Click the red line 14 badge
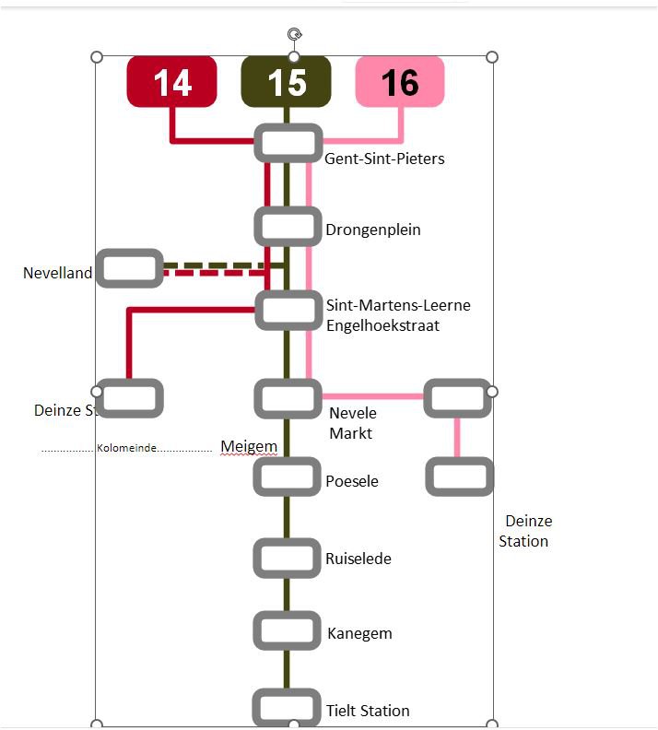point(171,82)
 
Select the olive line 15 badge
point(286,82)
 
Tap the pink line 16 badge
point(400,82)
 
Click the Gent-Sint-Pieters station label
point(384,159)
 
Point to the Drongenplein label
point(372,230)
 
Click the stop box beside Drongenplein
point(288,225)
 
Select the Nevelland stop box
point(129,268)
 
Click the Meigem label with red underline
point(249,447)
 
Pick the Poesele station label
point(352,481)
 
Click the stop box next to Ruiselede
point(288,557)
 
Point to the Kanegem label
point(359,633)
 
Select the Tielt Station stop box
point(288,708)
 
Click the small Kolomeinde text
point(126,449)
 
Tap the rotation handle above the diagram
point(294,35)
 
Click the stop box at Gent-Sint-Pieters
point(288,143)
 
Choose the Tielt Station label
point(368,711)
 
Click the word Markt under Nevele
point(350,432)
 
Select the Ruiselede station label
point(358,559)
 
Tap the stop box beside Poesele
point(288,477)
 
